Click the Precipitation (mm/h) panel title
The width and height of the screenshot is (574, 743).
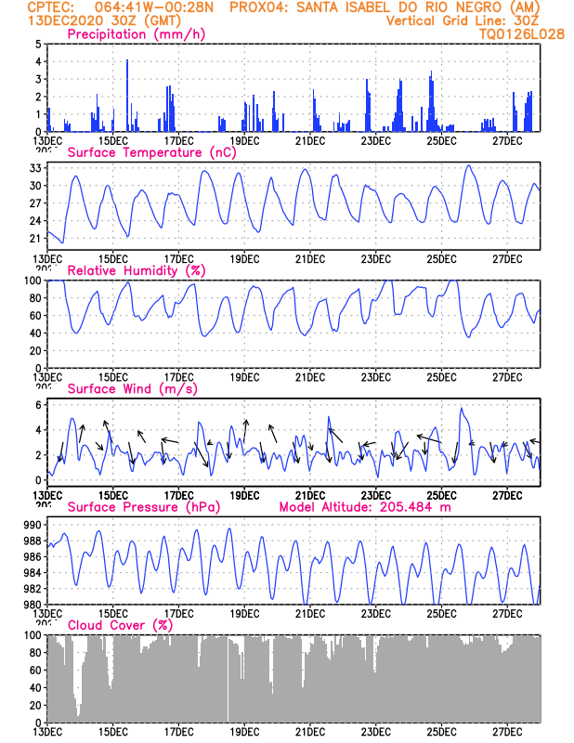tap(137, 34)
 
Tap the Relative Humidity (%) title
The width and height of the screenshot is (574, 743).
tap(136, 270)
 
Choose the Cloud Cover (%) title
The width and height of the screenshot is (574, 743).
tap(120, 625)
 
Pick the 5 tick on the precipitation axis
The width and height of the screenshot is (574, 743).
tap(37, 45)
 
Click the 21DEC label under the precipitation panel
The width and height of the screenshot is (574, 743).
tap(309, 140)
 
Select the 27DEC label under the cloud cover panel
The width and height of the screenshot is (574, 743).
tap(507, 731)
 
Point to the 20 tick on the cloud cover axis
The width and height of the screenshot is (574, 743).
tap(34, 705)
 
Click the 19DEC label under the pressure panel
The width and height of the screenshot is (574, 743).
tap(244, 613)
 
